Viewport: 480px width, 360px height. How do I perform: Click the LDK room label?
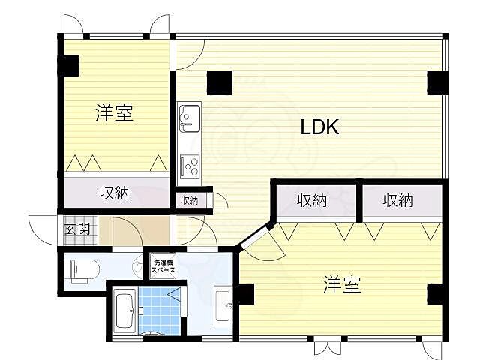(x=320, y=127)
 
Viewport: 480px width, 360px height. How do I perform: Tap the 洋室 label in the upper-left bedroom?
(x=114, y=114)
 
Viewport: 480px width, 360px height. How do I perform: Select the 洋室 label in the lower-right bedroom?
(x=342, y=284)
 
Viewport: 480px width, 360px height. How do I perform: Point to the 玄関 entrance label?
(x=76, y=229)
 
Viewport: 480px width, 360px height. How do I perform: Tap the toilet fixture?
(x=81, y=269)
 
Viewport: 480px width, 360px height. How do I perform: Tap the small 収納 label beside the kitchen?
(x=189, y=200)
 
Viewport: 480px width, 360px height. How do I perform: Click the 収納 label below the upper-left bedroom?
(x=114, y=193)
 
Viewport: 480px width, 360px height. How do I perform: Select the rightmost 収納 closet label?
(x=398, y=200)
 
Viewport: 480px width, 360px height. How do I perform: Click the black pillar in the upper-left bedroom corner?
(x=68, y=65)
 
